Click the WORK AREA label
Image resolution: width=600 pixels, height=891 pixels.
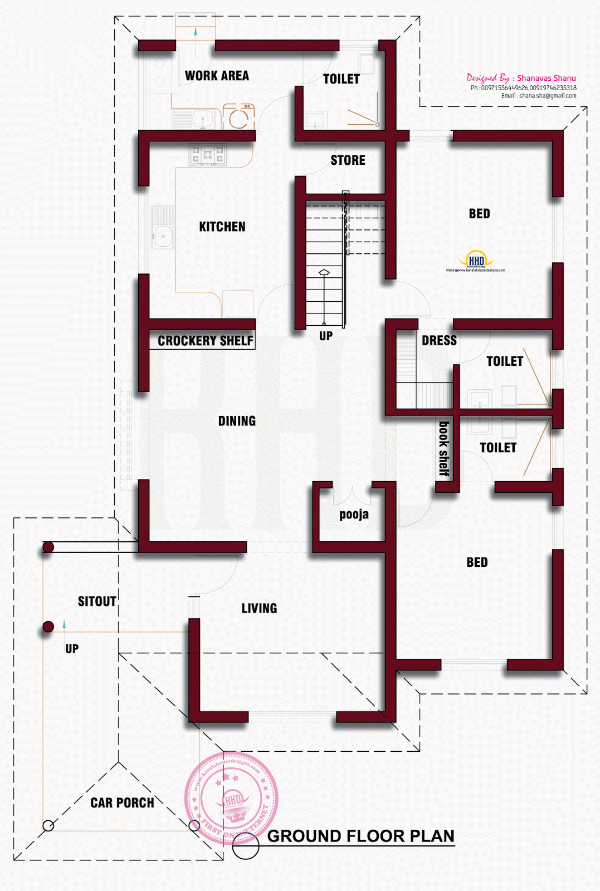pyautogui.click(x=217, y=76)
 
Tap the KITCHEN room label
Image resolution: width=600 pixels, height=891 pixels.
pyautogui.click(x=222, y=227)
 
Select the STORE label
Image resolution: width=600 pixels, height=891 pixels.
pyautogui.click(x=348, y=160)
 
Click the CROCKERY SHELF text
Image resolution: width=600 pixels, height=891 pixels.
pyautogui.click(x=205, y=341)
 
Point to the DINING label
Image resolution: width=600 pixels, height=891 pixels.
pyautogui.click(x=237, y=421)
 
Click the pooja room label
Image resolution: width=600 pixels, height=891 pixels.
pyautogui.click(x=354, y=514)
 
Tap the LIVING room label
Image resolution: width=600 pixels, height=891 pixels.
pyautogui.click(x=259, y=608)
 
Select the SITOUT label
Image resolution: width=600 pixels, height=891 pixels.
pyautogui.click(x=97, y=601)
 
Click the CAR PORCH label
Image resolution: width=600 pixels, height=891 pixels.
pyautogui.click(x=122, y=802)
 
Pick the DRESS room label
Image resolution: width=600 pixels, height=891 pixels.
pyautogui.click(x=439, y=341)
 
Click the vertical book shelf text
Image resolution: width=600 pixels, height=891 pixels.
pyautogui.click(x=444, y=448)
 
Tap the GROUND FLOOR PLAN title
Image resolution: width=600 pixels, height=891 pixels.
pyautogui.click(x=360, y=836)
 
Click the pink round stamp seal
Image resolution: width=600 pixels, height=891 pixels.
pyautogui.click(x=231, y=797)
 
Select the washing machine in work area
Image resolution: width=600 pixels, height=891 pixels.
pyautogui.click(x=239, y=116)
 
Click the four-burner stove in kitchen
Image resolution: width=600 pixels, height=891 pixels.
pyautogui.click(x=208, y=154)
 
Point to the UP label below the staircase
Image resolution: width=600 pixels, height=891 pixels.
pyautogui.click(x=326, y=336)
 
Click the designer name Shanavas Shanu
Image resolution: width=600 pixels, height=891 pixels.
pyautogui.click(x=546, y=78)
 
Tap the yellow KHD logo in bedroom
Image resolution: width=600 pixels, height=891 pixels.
pyautogui.click(x=476, y=260)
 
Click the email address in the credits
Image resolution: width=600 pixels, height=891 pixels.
pyautogui.click(x=538, y=96)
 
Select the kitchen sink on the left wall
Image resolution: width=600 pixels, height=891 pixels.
pyautogui.click(x=163, y=226)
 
